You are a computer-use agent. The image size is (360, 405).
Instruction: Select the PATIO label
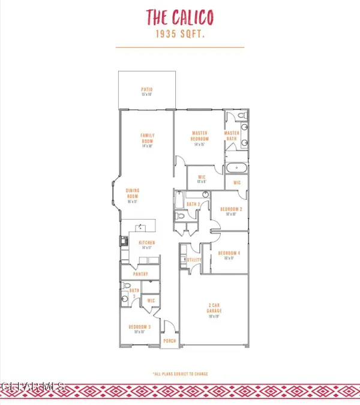[147, 90]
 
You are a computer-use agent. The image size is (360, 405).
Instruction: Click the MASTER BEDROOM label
[199, 136]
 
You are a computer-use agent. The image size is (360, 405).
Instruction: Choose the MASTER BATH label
[232, 136]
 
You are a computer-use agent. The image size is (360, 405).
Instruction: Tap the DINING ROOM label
[133, 194]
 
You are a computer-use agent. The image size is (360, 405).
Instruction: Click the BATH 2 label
[193, 205]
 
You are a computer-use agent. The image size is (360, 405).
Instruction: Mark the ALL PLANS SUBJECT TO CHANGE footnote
[180, 373]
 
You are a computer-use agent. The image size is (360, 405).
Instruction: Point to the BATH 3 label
[134, 292]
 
